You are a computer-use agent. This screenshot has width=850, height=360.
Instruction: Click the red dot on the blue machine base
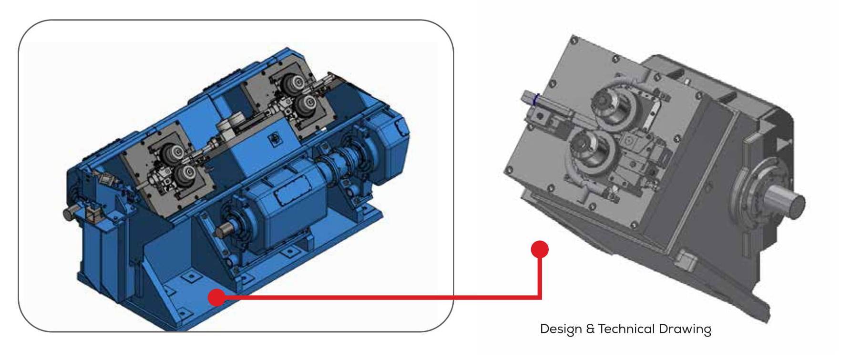(x=216, y=298)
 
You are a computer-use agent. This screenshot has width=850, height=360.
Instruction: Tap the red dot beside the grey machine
(x=540, y=249)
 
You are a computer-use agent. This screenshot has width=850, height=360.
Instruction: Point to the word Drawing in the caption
(x=685, y=329)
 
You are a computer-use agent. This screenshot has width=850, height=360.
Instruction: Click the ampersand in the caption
(x=590, y=329)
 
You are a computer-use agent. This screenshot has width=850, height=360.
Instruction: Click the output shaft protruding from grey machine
(x=785, y=200)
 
